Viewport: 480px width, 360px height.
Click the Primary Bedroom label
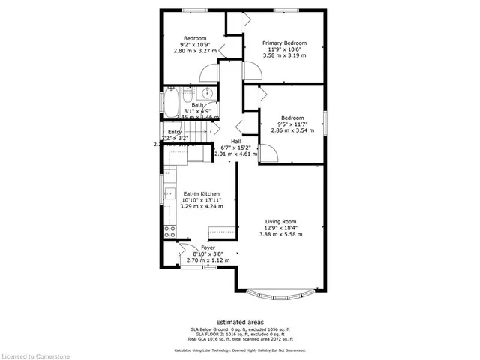click(x=283, y=43)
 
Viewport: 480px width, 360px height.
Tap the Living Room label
click(x=283, y=221)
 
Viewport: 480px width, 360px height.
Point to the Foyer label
click(x=208, y=247)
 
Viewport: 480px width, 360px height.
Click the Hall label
click(x=235, y=142)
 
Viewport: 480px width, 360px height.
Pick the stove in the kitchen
click(x=169, y=230)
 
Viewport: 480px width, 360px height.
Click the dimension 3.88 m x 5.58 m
click(x=283, y=235)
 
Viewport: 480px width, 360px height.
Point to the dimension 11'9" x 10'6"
click(x=283, y=50)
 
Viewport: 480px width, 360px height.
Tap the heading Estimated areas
click(x=240, y=321)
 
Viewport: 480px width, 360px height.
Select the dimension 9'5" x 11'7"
click(x=292, y=124)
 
